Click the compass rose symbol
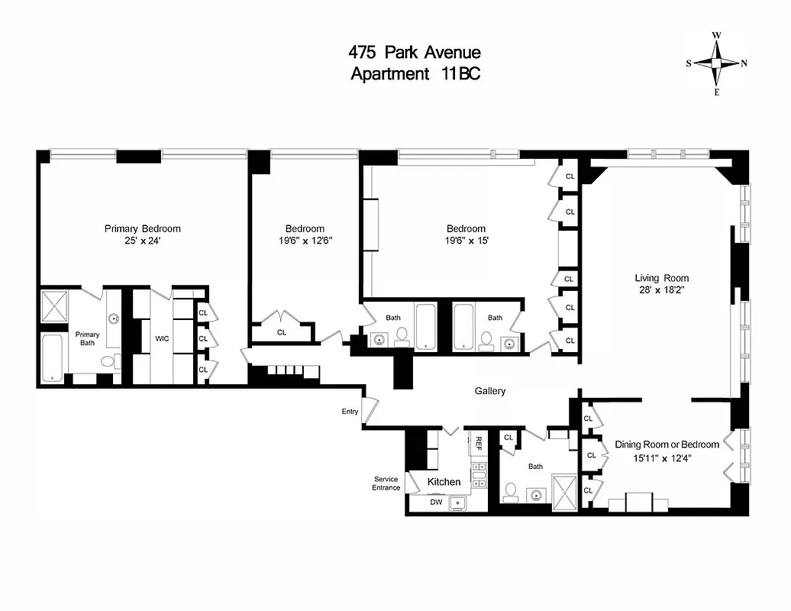(x=716, y=63)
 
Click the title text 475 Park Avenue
(x=415, y=53)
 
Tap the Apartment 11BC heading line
(x=415, y=74)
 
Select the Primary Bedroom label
(x=143, y=228)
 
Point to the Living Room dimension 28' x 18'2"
(x=662, y=291)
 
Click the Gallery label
(x=490, y=391)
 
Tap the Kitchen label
(x=444, y=481)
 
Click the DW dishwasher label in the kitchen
(x=436, y=503)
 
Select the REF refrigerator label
(x=479, y=443)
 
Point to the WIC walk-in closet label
(x=162, y=338)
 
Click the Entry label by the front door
(x=350, y=412)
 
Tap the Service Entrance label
(x=386, y=483)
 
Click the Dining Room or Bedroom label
(x=667, y=445)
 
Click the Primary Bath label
(x=87, y=338)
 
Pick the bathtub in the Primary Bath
(x=53, y=358)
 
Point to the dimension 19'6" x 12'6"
(x=305, y=241)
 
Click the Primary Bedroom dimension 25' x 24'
(x=143, y=241)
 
